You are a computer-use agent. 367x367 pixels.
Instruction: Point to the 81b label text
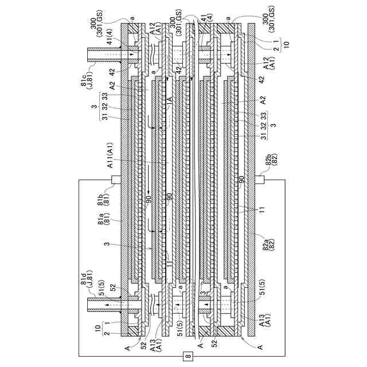tap(100, 196)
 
